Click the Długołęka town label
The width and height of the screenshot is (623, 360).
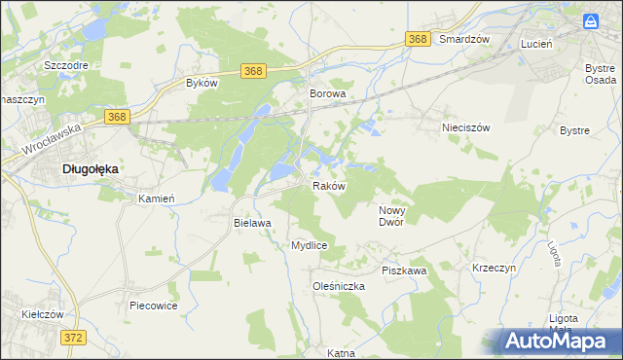[90, 168]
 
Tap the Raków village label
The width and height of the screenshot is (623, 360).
[328, 185]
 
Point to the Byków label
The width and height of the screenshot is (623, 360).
[201, 84]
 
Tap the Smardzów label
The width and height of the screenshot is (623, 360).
[462, 39]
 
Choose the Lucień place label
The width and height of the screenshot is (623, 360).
[536, 45]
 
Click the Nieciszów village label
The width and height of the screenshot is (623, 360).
[464, 127]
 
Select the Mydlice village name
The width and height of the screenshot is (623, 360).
[309, 245]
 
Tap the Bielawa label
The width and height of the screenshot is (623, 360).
[251, 223]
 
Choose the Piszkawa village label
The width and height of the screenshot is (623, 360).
[404, 270]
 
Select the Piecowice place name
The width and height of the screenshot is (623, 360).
[153, 306]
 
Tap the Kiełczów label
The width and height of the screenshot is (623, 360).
[42, 314]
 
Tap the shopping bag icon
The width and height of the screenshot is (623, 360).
[591, 20]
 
